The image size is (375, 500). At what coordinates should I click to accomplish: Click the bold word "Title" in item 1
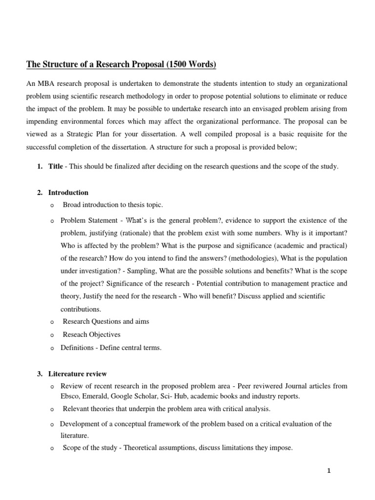click(55, 167)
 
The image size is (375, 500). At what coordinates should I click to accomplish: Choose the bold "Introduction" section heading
click(68, 193)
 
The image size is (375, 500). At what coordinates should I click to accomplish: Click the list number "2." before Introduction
click(40, 193)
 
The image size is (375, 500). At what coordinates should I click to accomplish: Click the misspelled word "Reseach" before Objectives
click(74, 335)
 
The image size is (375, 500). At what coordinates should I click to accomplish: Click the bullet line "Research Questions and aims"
click(106, 322)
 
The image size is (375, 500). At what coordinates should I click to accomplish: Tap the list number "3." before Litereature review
click(40, 374)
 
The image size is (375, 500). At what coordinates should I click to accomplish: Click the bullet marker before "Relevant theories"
click(52, 409)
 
